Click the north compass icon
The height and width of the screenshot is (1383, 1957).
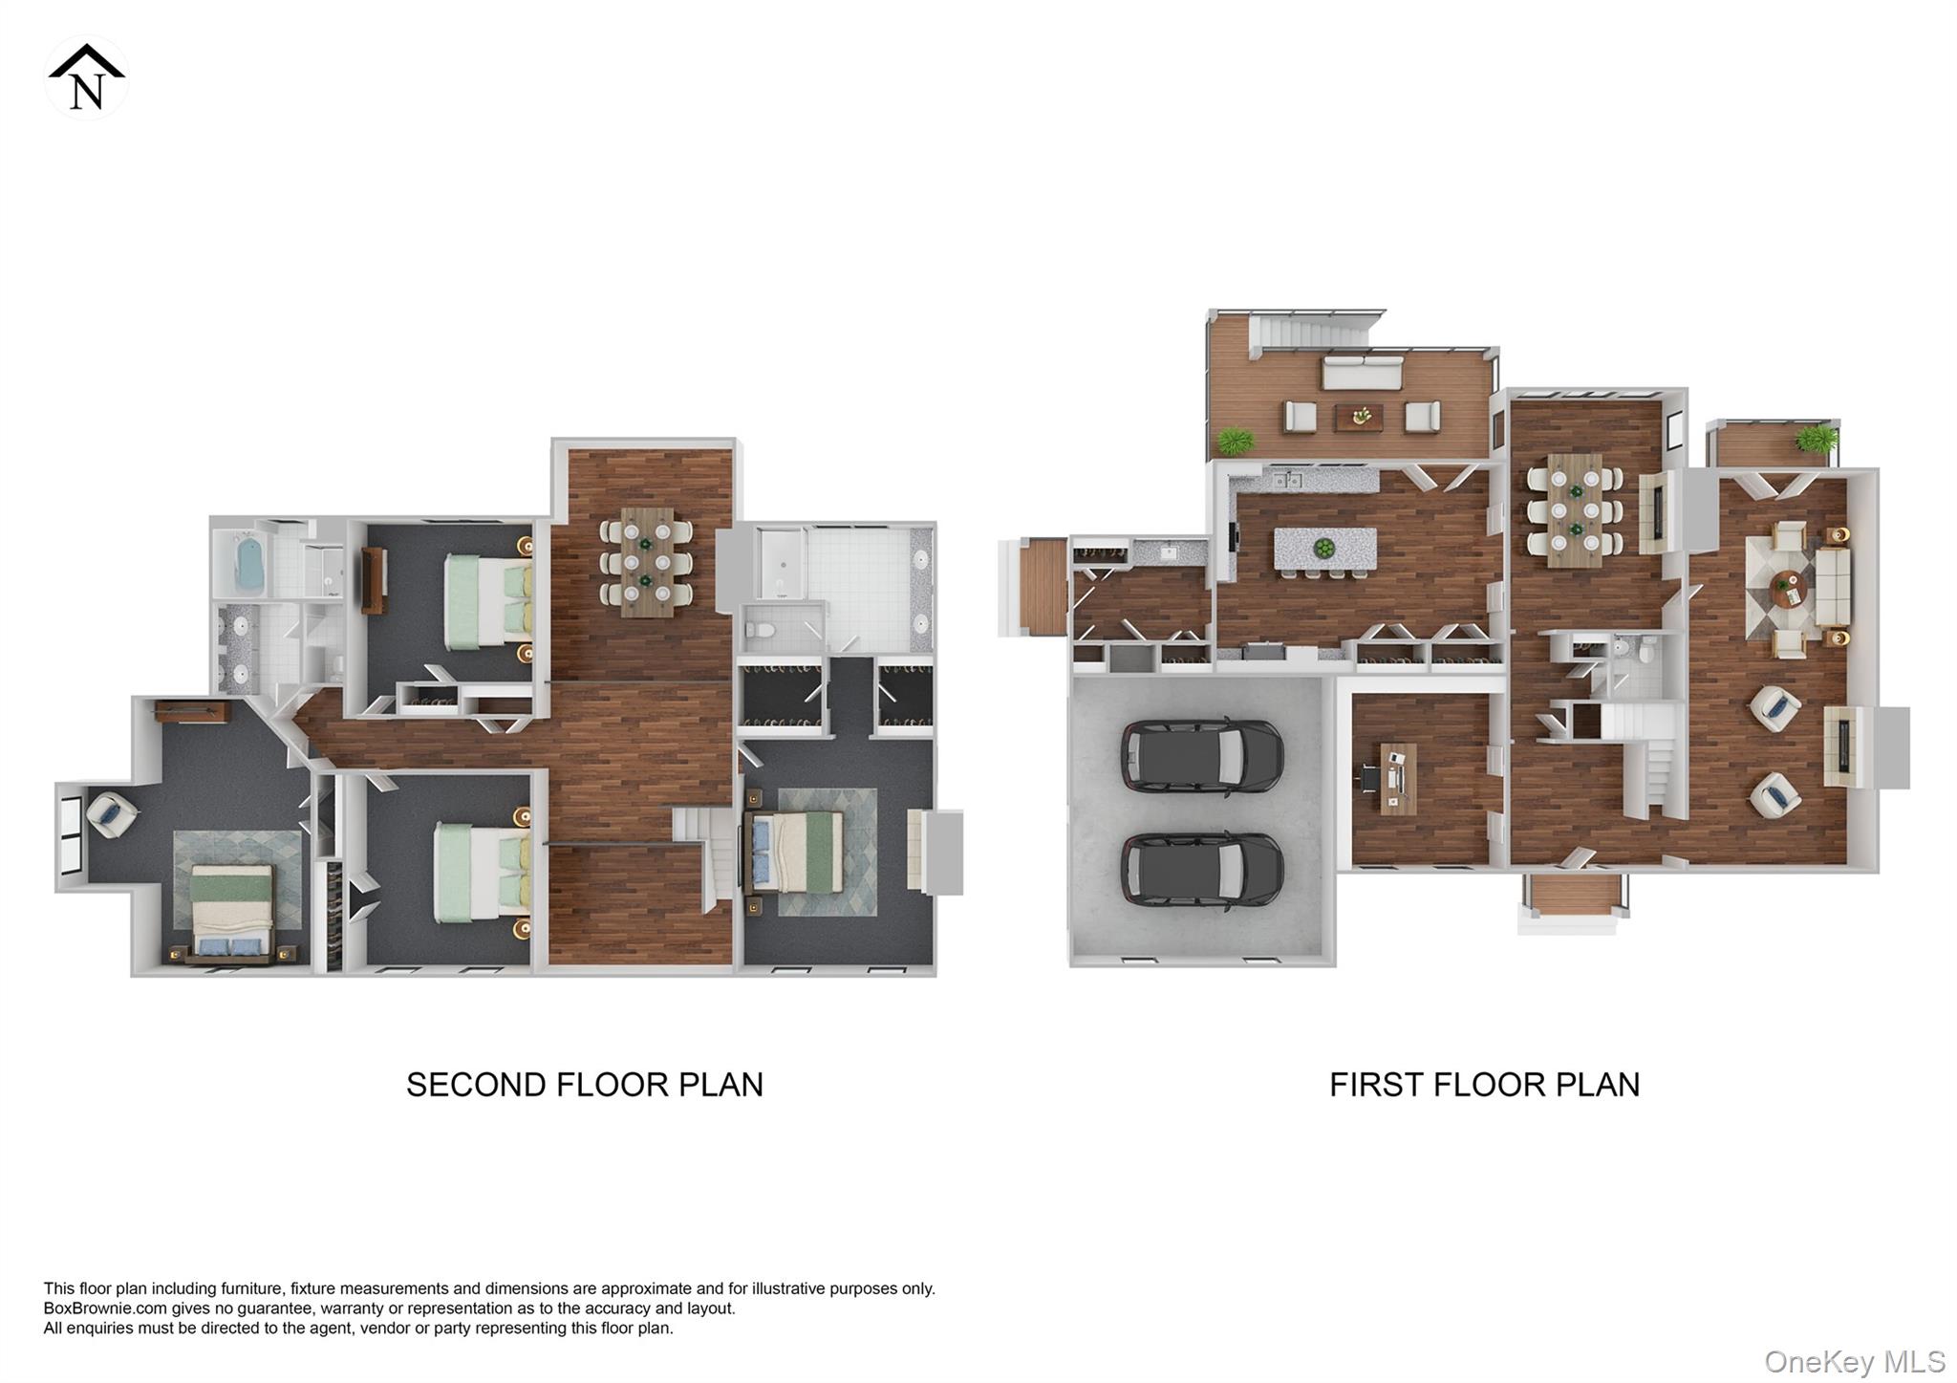point(86,78)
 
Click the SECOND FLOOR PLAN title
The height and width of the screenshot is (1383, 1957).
point(584,1085)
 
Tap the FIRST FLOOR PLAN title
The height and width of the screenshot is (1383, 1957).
point(1484,1085)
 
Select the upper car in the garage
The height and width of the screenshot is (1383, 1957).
point(1201,755)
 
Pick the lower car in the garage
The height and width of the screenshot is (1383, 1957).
point(1201,869)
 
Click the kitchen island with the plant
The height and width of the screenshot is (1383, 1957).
point(1324,549)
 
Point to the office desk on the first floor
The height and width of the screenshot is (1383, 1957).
point(1398,778)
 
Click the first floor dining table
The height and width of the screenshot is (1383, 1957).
point(1574,510)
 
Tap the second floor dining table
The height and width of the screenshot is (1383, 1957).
point(646,561)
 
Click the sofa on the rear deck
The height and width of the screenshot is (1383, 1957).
point(1362,373)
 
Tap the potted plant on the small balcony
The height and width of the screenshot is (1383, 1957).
point(1815,440)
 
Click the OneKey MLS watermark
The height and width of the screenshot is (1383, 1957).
point(1854,1361)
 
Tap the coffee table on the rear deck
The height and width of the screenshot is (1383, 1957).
point(1359,418)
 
